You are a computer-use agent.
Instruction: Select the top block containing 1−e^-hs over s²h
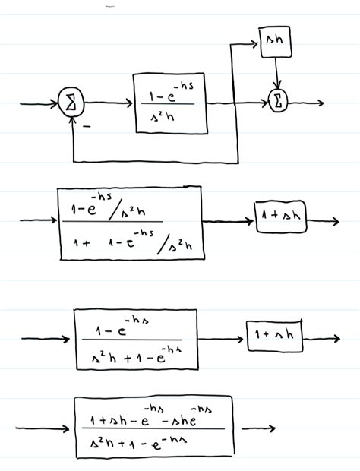pos(170,103)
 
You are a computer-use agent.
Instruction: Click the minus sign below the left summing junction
pos(86,127)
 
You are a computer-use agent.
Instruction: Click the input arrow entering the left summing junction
pos(39,103)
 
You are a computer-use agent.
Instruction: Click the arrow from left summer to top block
pos(108,103)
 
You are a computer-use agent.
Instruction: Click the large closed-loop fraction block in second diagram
pos(130,223)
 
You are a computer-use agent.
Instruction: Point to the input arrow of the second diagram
pos(38,221)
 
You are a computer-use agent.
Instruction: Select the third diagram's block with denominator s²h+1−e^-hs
pos(135,339)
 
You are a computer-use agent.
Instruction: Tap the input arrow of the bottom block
pos(46,428)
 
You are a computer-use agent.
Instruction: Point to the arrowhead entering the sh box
pos(254,43)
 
